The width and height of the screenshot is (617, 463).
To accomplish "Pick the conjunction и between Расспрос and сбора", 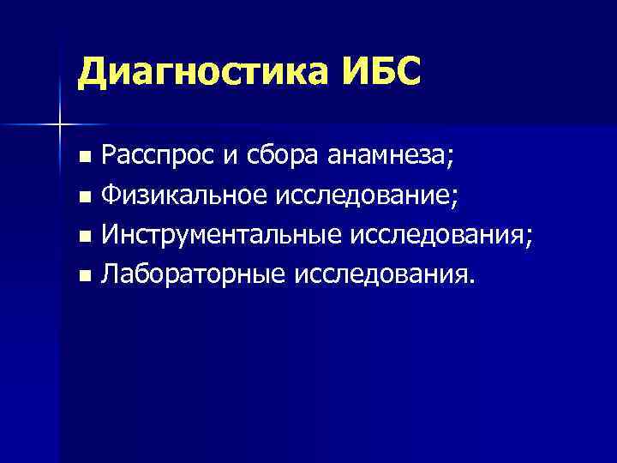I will tap(226, 158).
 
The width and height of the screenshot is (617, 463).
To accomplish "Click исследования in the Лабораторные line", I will tap(381, 275).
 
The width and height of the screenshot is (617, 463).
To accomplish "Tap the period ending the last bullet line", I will tap(470, 282).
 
